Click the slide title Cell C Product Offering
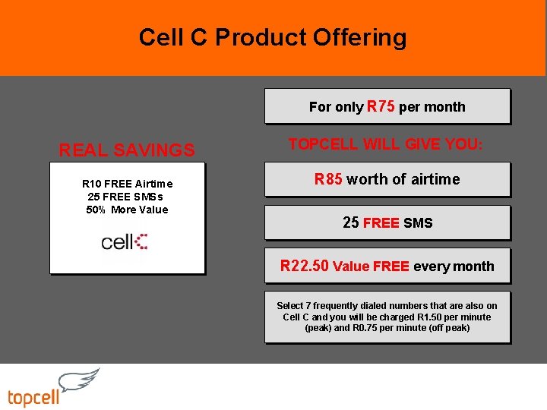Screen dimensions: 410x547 coord(273,37)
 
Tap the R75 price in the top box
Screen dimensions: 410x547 coord(381,106)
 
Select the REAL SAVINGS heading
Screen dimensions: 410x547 coord(127,150)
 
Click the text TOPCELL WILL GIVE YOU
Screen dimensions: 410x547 coord(386,143)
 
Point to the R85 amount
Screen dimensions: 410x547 coord(329,179)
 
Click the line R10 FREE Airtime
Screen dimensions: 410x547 coord(127,184)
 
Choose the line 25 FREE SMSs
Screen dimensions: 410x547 coord(125,197)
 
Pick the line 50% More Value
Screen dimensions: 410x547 coord(127,210)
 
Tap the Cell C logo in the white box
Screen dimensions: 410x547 coord(125,242)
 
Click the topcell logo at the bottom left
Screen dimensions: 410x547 coord(34,397)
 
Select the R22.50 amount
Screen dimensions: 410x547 coord(304,266)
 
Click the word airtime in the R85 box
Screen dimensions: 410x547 coord(435,179)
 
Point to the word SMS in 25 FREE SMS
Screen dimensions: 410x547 coord(418,222)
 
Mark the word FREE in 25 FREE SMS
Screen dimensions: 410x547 coord(381,223)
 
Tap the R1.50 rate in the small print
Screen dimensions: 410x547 coord(430,317)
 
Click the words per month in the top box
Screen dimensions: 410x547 coord(432,107)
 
